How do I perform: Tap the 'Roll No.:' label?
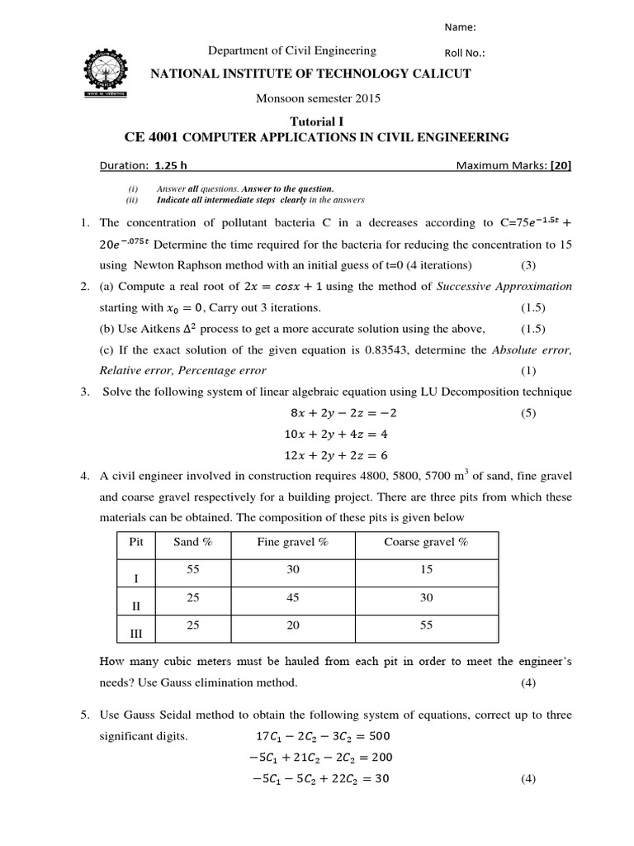465,54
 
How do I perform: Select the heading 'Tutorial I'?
316,121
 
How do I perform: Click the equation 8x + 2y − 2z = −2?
339,412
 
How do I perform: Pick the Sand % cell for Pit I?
193,570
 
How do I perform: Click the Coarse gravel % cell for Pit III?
426,625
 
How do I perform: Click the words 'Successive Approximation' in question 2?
503,286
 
